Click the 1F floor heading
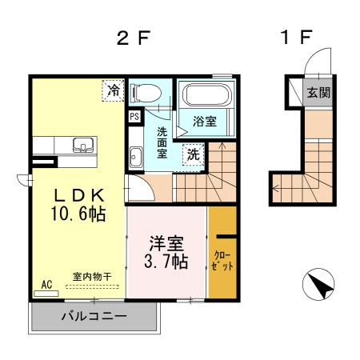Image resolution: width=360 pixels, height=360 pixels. (x=296, y=38)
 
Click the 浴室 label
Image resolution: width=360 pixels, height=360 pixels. (x=205, y=122)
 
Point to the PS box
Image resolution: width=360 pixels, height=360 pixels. (x=134, y=115)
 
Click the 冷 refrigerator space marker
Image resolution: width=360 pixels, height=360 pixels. (x=115, y=90)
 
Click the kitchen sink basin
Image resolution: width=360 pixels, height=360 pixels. (x=82, y=146)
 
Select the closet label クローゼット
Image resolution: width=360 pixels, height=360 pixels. (x=222, y=262)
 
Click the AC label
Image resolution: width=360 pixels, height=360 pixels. (x=46, y=283)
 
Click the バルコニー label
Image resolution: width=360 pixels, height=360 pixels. (x=94, y=316)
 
